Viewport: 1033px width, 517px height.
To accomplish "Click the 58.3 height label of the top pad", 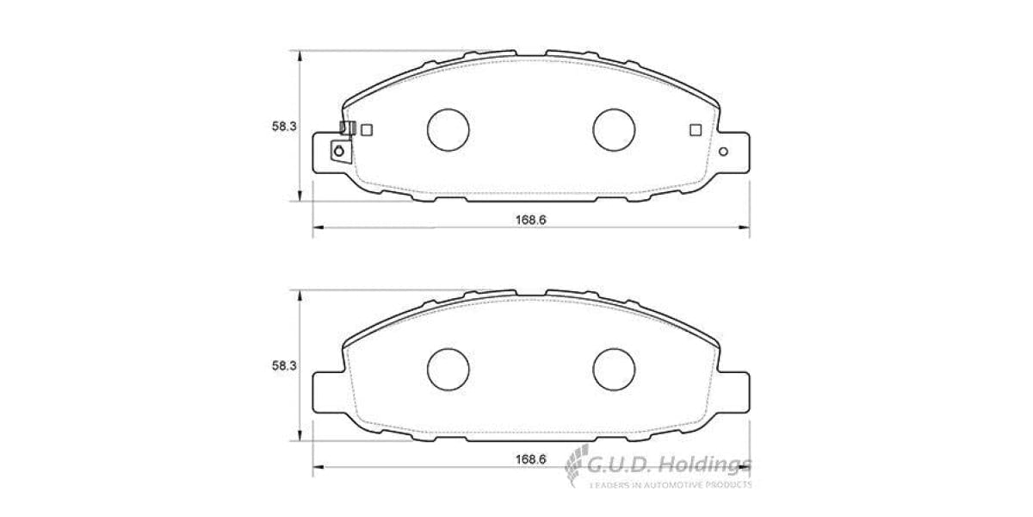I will tap(284, 127).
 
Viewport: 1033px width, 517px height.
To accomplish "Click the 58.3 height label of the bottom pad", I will tap(284, 366).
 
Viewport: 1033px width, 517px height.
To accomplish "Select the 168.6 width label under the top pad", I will tap(531, 219).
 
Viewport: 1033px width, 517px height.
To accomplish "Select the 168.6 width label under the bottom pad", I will tap(531, 458).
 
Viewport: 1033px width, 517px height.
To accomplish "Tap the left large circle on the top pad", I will tap(448, 128).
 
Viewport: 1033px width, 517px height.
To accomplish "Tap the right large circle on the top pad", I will tap(614, 128).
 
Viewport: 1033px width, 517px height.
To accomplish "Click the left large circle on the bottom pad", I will tap(448, 368).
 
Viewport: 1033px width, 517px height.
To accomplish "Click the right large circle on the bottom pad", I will tap(614, 368).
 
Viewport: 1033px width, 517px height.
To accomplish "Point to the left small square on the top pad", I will tap(367, 130).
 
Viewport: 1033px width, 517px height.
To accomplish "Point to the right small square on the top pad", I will tap(696, 130).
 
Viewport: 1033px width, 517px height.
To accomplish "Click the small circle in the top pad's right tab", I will tap(723, 153).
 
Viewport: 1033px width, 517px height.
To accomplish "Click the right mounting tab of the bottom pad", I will tap(733, 392).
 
